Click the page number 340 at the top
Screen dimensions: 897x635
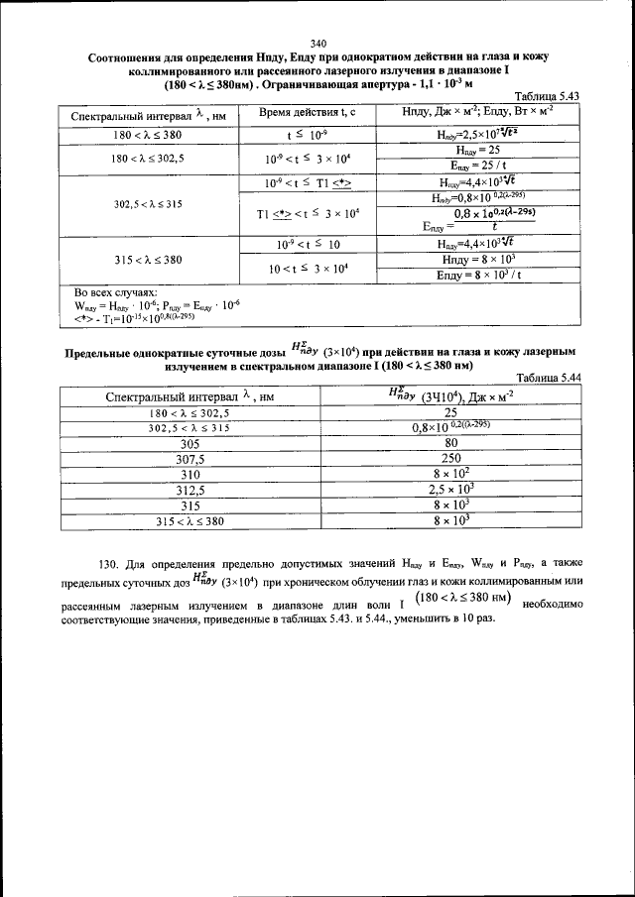pos(317,43)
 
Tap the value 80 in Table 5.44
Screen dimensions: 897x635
pos(450,444)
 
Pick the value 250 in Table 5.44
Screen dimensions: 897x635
pos(450,459)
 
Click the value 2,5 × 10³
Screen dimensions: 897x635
pos(450,490)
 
